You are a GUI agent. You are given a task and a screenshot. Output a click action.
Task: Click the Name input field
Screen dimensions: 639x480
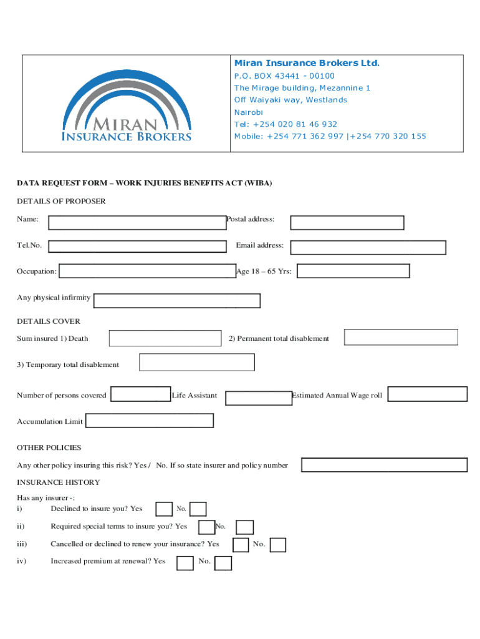click(x=137, y=223)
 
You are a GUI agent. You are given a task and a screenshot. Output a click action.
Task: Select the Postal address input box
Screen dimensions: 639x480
click(x=347, y=223)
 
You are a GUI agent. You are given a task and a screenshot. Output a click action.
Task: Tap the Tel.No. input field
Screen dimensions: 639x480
click(x=137, y=246)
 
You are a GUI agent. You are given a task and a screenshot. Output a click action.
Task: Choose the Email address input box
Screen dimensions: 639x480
click(x=368, y=247)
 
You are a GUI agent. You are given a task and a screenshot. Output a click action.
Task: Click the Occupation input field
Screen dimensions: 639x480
click(x=146, y=271)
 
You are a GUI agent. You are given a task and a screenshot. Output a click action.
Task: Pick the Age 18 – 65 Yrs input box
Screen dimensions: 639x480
click(x=353, y=271)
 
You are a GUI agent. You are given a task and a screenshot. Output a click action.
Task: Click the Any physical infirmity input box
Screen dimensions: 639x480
click(x=176, y=301)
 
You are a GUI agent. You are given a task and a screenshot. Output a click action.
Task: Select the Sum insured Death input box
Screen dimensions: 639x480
click(x=165, y=338)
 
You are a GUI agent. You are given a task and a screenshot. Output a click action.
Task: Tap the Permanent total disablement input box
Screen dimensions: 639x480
click(x=401, y=337)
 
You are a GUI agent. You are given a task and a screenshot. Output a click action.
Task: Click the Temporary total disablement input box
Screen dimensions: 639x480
click(x=196, y=362)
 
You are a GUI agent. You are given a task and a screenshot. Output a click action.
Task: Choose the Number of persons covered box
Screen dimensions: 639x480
click(x=140, y=394)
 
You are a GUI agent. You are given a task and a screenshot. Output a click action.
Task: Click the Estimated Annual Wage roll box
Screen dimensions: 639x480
click(x=428, y=394)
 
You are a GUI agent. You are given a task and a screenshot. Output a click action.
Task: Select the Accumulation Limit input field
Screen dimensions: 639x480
click(x=150, y=421)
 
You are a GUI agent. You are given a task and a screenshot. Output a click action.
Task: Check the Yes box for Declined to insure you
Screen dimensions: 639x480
click(x=164, y=509)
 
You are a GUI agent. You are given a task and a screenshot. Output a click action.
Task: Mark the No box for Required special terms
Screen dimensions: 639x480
click(x=245, y=527)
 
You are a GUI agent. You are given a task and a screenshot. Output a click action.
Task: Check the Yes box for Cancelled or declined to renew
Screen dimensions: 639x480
click(x=241, y=545)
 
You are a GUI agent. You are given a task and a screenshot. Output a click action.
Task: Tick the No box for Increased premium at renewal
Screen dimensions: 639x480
click(x=223, y=563)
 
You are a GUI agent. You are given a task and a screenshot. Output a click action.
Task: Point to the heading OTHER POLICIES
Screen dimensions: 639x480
click(x=49, y=447)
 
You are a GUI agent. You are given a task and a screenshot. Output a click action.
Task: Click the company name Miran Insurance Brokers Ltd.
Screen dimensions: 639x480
click(x=306, y=63)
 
